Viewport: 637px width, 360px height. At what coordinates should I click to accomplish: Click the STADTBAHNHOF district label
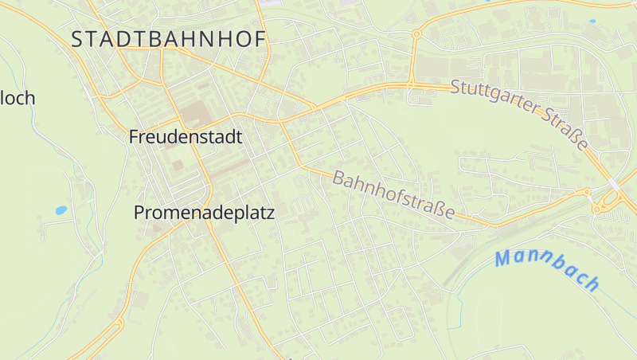tap(168, 40)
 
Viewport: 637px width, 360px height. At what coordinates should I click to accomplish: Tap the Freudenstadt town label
tap(185, 137)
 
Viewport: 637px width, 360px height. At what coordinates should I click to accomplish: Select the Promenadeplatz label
tap(204, 213)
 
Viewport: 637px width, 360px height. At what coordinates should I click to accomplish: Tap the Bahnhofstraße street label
tap(393, 195)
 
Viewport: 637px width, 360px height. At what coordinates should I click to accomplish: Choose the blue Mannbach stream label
tap(546, 270)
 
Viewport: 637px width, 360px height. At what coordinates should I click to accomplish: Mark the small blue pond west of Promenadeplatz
tap(61, 210)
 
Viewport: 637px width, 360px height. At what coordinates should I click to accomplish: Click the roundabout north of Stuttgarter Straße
tap(416, 34)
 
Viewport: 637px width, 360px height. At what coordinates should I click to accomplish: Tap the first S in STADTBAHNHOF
tap(78, 40)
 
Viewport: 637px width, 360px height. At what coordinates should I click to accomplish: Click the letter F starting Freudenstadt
tap(134, 137)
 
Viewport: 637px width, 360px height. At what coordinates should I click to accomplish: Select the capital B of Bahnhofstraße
tap(338, 177)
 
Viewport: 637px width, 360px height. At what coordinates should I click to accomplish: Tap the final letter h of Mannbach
tap(590, 283)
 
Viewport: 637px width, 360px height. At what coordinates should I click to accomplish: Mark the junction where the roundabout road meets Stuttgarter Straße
tap(411, 84)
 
